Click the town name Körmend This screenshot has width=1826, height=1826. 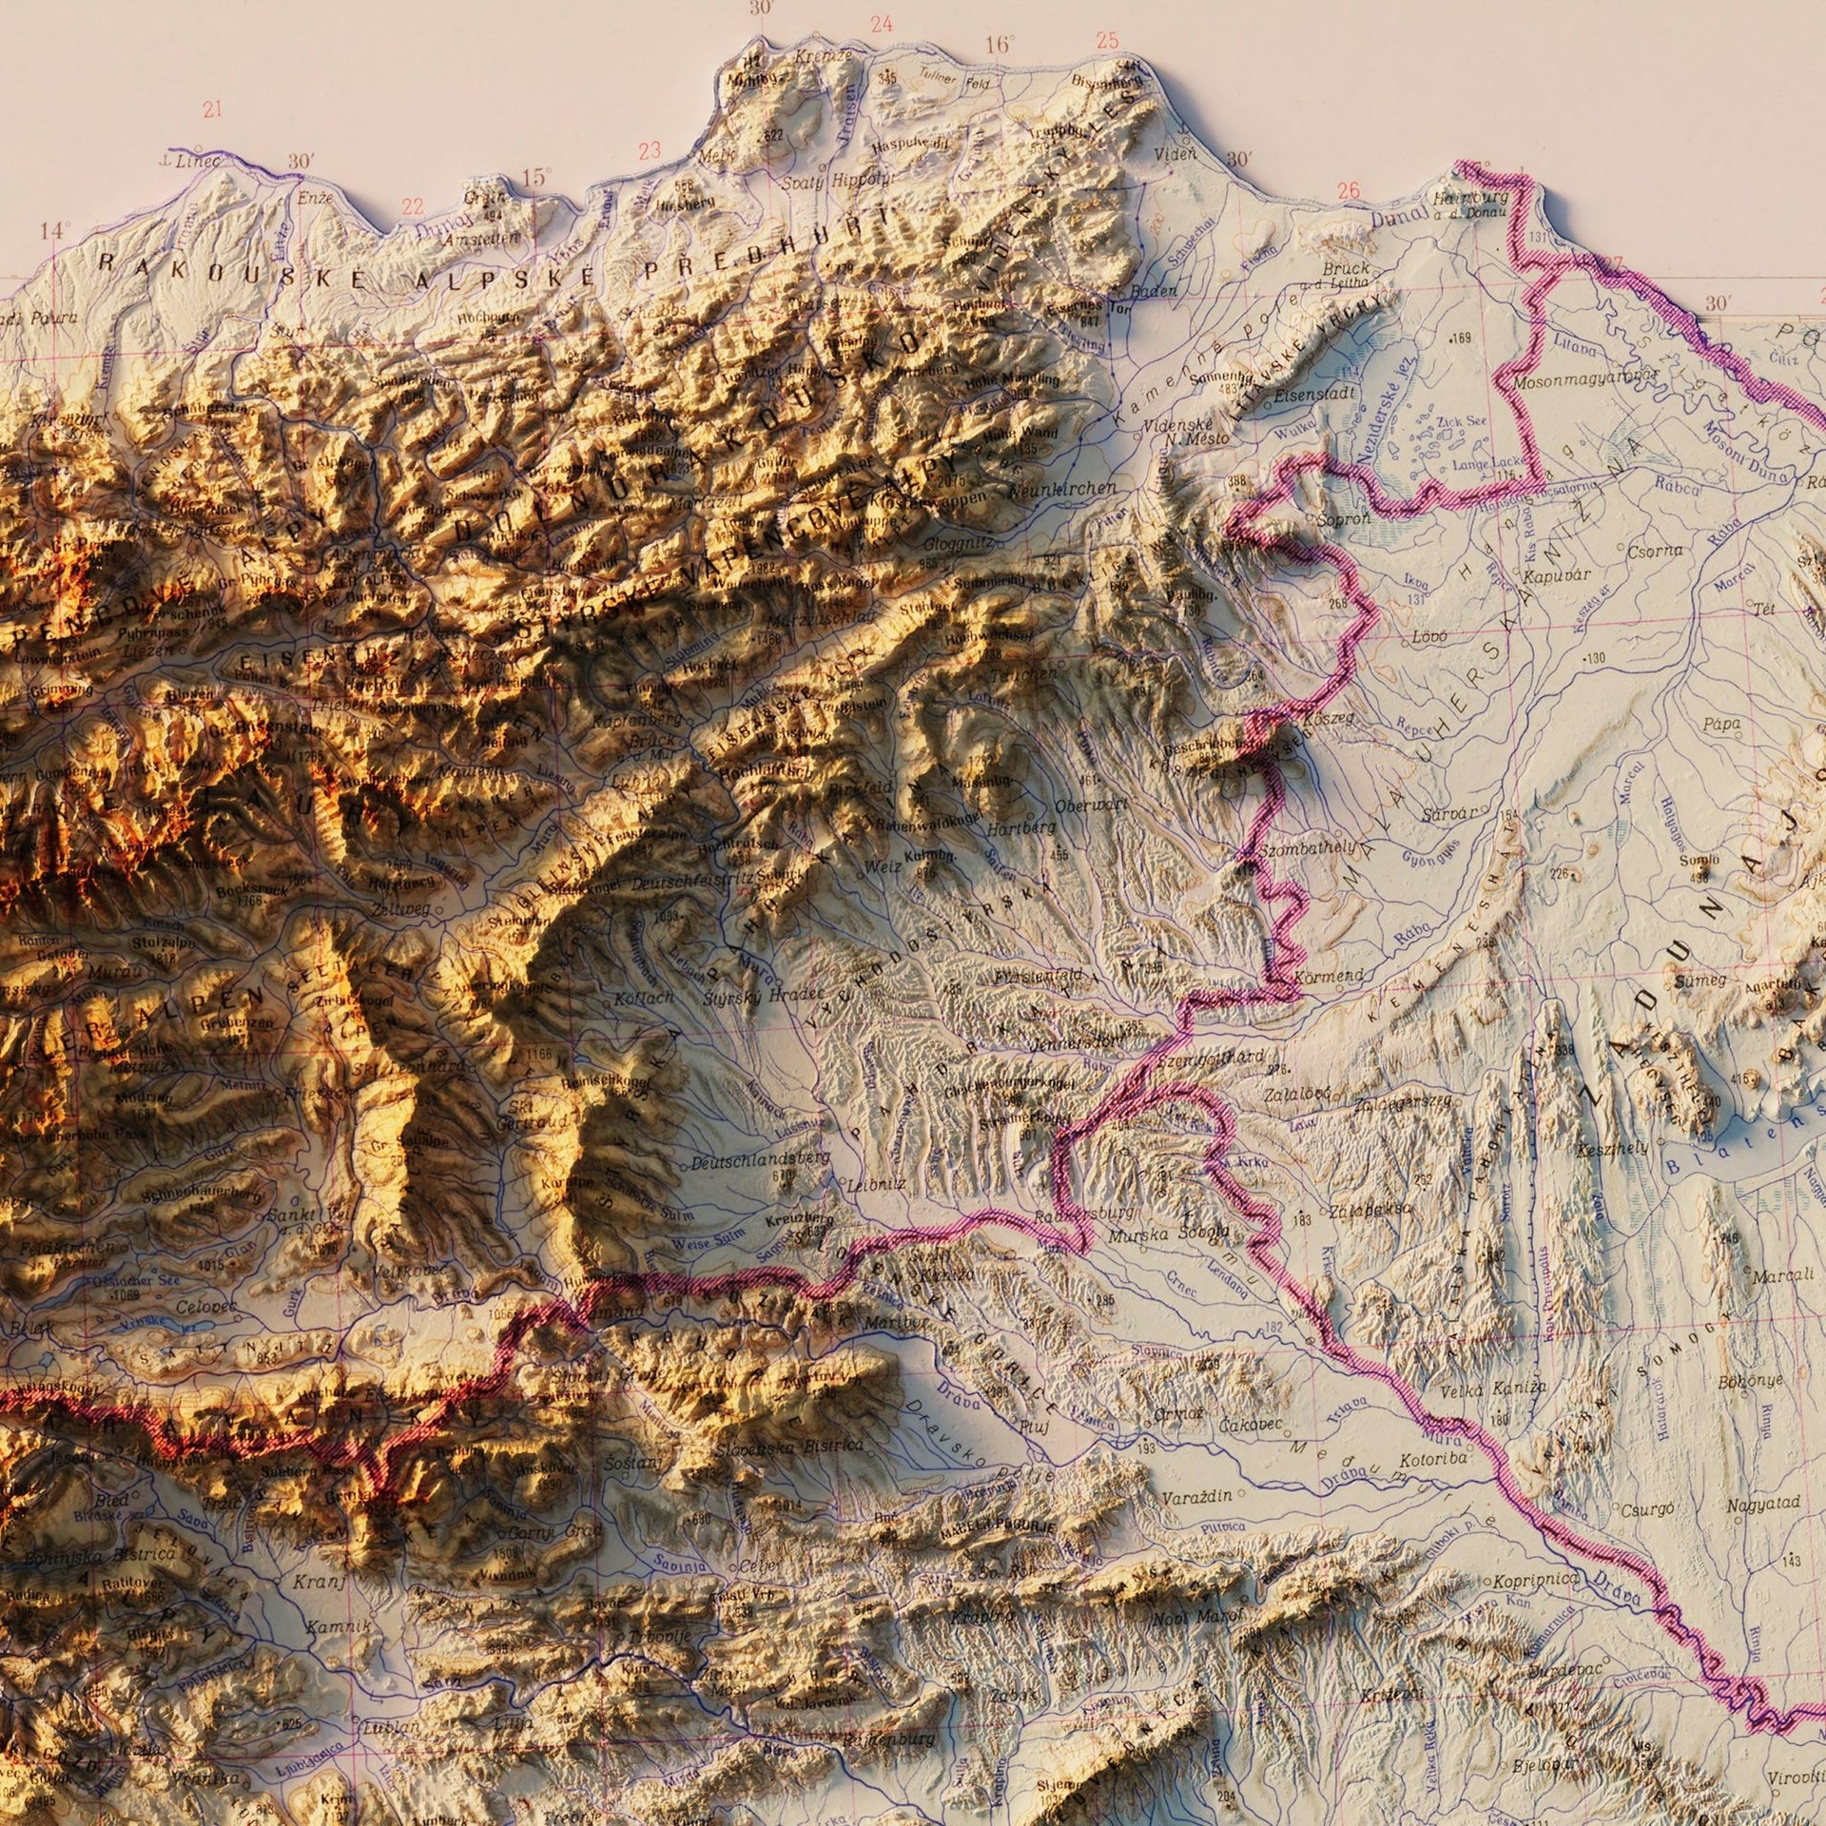1330,977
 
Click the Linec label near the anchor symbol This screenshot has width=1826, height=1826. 198,162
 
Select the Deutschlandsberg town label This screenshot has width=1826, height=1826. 761,1162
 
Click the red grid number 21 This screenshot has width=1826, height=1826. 212,109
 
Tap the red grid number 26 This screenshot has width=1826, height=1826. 1348,190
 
